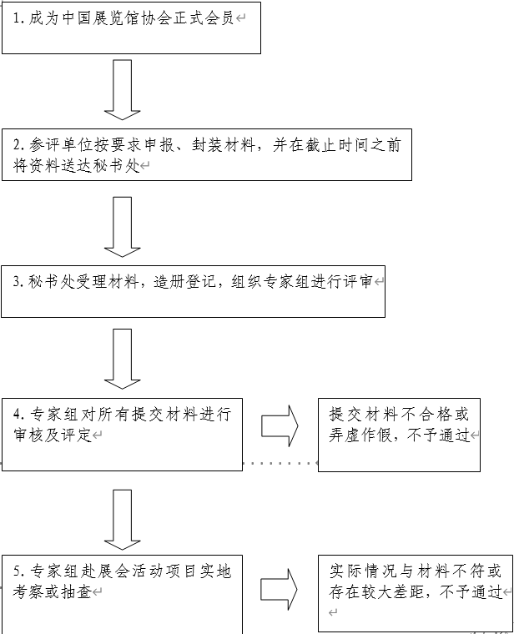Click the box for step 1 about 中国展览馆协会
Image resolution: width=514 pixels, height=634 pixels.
click(x=131, y=28)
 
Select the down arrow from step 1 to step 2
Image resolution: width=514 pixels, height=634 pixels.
click(x=122, y=89)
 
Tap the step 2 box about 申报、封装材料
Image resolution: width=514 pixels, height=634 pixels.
click(x=207, y=155)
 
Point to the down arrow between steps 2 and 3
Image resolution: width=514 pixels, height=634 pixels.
click(x=122, y=226)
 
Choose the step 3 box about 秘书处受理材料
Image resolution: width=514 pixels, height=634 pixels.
click(x=193, y=291)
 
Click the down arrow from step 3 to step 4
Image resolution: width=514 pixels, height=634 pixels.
click(x=122, y=358)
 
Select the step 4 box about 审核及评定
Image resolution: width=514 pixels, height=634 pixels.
click(x=122, y=435)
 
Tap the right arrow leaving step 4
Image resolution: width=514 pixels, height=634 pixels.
click(x=280, y=425)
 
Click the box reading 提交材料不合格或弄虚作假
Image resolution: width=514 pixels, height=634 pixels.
click(x=399, y=435)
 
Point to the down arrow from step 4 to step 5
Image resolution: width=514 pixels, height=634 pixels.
click(x=122, y=519)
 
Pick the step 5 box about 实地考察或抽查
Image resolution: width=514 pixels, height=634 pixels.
click(x=122, y=592)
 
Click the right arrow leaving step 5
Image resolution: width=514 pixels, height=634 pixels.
click(x=280, y=589)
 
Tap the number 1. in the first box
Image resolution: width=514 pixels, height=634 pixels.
click(x=18, y=18)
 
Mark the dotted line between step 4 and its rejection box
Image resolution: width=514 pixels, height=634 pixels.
click(x=280, y=462)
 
